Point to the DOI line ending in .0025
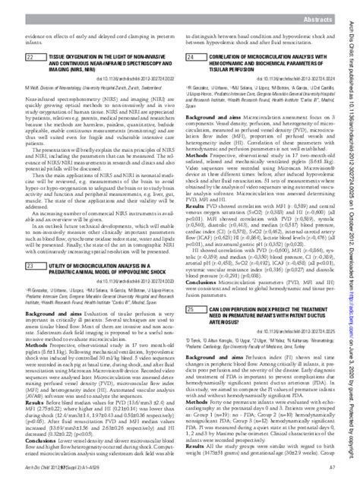pos(297,353)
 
